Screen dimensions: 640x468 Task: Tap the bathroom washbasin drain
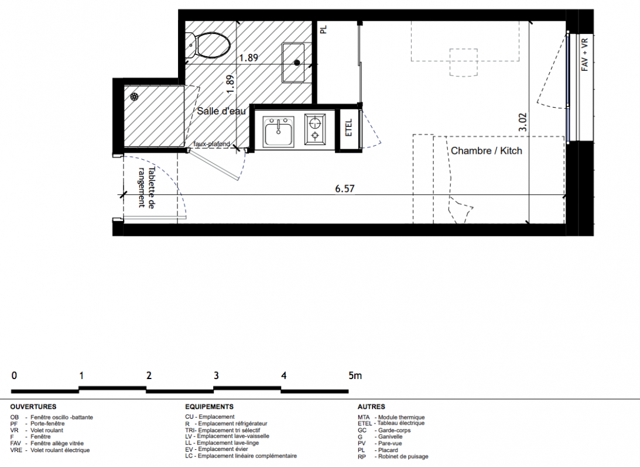(297, 63)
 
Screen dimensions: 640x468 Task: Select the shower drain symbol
(134, 97)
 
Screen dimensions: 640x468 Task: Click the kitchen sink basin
(279, 134)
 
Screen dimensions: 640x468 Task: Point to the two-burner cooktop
(315, 129)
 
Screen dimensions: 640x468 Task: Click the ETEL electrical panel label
(348, 128)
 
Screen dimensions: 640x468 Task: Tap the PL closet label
(324, 29)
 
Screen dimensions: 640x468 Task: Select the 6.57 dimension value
(344, 188)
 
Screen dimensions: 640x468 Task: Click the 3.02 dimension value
(523, 122)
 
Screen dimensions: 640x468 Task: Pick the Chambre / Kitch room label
(487, 151)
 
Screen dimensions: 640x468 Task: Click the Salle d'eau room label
(221, 111)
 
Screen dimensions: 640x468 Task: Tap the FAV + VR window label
(584, 54)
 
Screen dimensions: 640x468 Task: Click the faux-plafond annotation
(212, 144)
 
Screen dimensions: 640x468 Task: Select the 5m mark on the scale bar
(355, 375)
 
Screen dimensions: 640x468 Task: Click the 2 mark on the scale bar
(149, 375)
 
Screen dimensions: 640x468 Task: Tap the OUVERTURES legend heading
(33, 407)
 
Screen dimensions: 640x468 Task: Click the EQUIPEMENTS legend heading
(210, 407)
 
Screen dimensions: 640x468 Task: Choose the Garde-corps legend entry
(384, 430)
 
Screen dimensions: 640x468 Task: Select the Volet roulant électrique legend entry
(50, 450)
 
